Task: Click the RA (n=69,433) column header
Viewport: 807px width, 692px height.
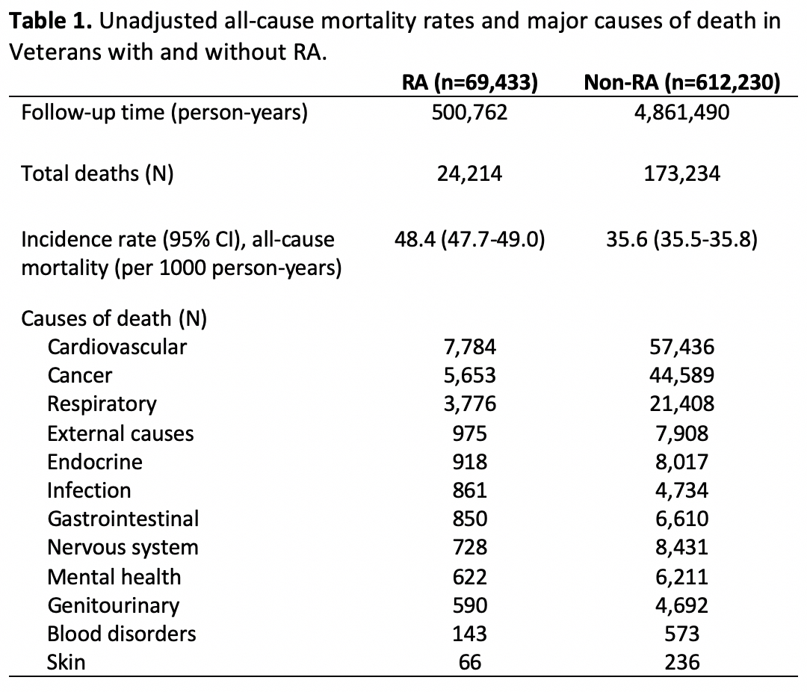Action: coord(470,83)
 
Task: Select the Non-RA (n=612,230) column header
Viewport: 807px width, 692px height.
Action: coord(681,83)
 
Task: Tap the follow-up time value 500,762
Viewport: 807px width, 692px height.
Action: coord(470,114)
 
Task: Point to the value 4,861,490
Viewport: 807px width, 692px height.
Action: coord(681,114)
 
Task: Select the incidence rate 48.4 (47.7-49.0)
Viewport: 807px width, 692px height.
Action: coord(470,240)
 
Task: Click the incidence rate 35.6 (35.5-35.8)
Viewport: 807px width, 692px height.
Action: coord(681,240)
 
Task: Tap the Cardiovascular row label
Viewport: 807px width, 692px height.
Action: coord(117,346)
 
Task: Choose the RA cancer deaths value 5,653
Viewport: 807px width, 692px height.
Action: coord(470,375)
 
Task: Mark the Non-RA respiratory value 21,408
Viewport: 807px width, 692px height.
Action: coord(681,404)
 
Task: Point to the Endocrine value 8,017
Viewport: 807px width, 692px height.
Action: coord(681,461)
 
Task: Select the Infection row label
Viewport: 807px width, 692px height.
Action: coord(89,490)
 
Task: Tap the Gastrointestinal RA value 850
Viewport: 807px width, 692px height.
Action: coord(470,519)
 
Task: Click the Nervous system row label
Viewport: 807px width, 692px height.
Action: coord(123,548)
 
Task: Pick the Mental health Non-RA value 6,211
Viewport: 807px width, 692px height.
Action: coord(681,576)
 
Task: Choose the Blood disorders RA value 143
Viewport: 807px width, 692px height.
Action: coord(470,634)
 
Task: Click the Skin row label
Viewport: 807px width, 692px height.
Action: coord(66,662)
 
